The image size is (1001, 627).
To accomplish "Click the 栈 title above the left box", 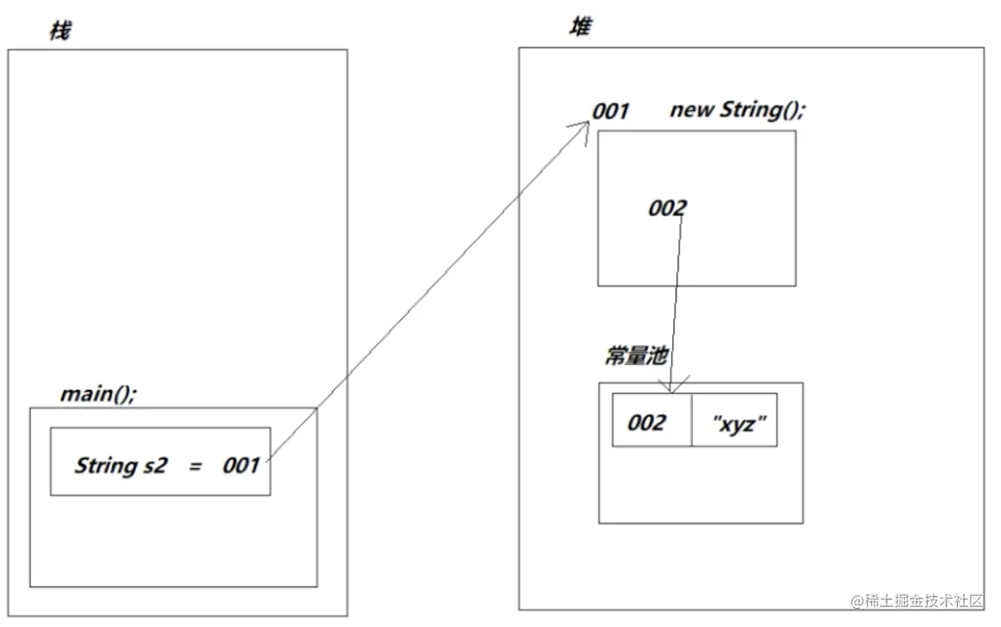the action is (x=60, y=31).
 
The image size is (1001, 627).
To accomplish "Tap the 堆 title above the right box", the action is (x=580, y=27).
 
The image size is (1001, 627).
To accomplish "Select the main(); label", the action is (x=99, y=394).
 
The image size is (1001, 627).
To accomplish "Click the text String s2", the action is (x=121, y=465).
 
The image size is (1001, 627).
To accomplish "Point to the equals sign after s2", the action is (x=195, y=467).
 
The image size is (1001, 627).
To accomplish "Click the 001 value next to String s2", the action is (x=241, y=465).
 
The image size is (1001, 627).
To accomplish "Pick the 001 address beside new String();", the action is (x=611, y=111).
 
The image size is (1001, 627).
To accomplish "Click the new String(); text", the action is (x=738, y=110).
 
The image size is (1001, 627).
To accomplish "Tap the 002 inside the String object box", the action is (x=667, y=208).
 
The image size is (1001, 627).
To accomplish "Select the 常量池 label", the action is (x=637, y=356).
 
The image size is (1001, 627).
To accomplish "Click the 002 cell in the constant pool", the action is (x=652, y=420).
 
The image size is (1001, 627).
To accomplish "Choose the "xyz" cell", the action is (x=734, y=420).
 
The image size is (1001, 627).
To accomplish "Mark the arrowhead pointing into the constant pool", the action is (x=671, y=385).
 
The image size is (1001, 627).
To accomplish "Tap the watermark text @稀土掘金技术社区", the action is (x=917, y=601).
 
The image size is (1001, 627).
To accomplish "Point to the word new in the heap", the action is (x=692, y=111).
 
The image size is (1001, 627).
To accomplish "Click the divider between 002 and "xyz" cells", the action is (x=692, y=420).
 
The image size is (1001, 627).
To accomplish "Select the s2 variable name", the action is (x=156, y=465).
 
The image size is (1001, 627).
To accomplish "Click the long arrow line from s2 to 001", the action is (x=428, y=291).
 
